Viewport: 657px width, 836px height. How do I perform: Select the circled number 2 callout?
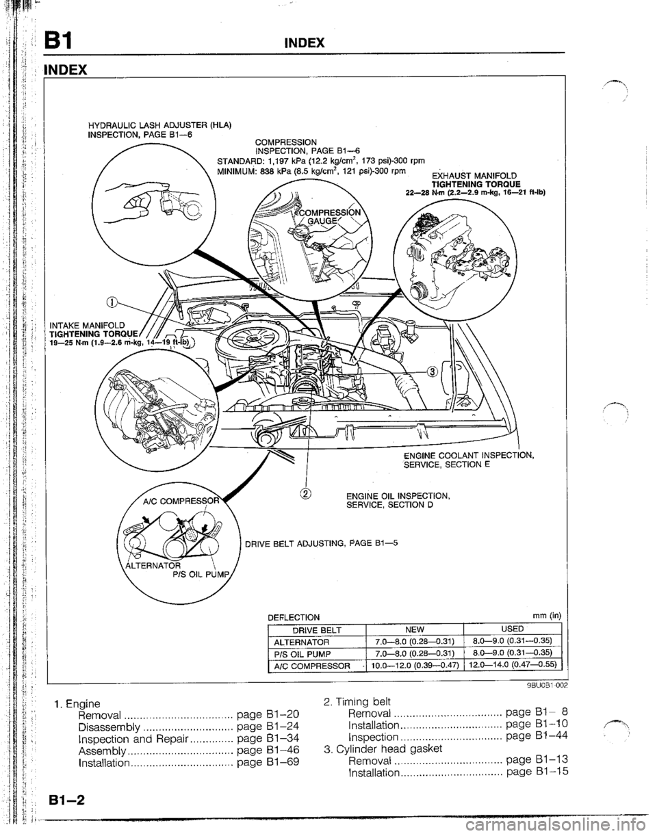307,475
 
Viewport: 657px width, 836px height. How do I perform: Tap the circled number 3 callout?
433,371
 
